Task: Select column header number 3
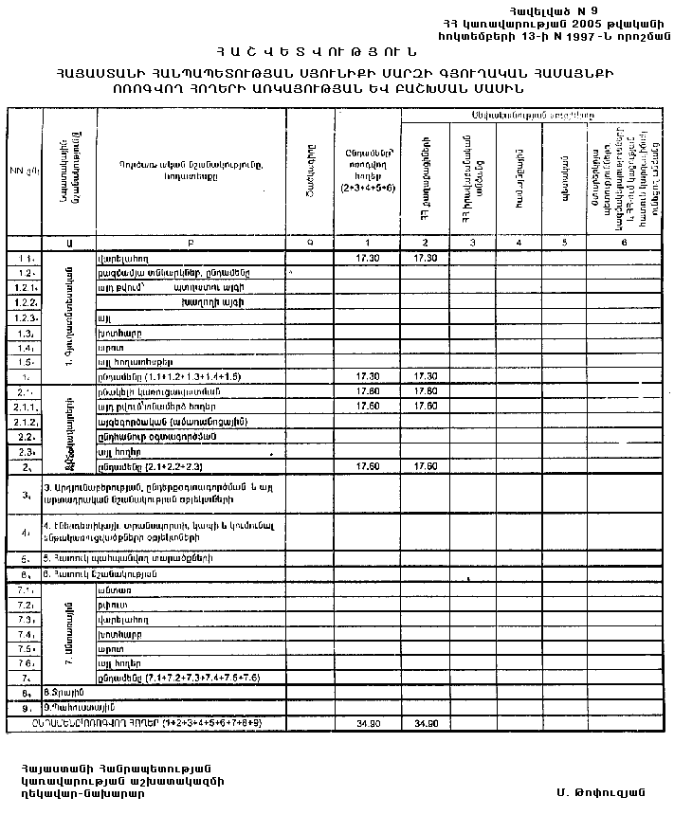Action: tap(470, 243)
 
